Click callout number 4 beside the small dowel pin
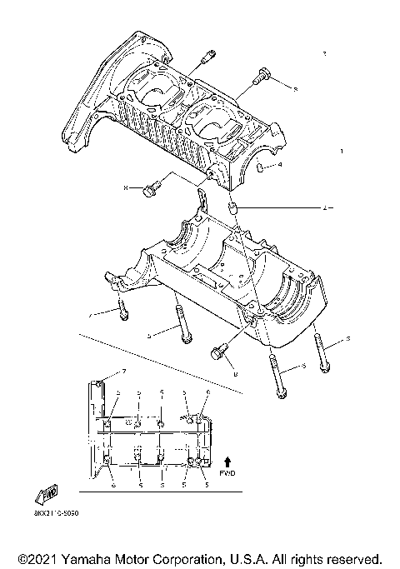(280, 166)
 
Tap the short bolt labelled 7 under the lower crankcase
(122, 309)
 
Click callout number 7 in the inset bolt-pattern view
(125, 371)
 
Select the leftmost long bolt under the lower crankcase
(182, 325)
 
